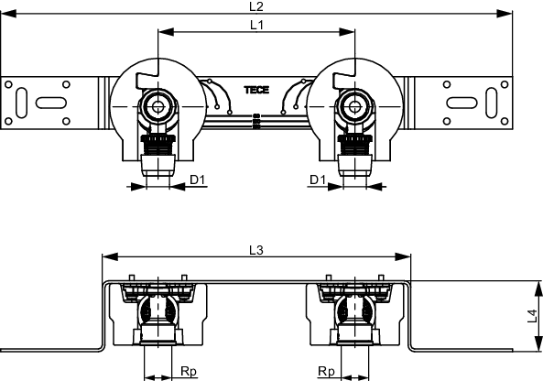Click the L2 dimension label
[256, 6]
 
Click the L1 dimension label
[256, 25]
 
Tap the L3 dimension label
[256, 250]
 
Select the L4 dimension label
[532, 316]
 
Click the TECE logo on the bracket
[256, 90]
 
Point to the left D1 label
[198, 180]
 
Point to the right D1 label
[318, 180]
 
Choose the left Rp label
[189, 371]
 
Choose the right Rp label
[326, 371]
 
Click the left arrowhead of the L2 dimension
[8, 14]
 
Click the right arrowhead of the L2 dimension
[505, 14]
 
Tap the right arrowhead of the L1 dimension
[347, 32]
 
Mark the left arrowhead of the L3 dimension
[110, 256]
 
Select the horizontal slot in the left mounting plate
[51, 103]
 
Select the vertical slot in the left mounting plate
[21, 103]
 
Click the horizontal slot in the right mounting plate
[462, 103]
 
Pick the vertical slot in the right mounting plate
[492, 103]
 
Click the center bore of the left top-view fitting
[157, 106]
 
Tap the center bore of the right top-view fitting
[354, 106]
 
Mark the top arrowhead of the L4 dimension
[538, 288]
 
